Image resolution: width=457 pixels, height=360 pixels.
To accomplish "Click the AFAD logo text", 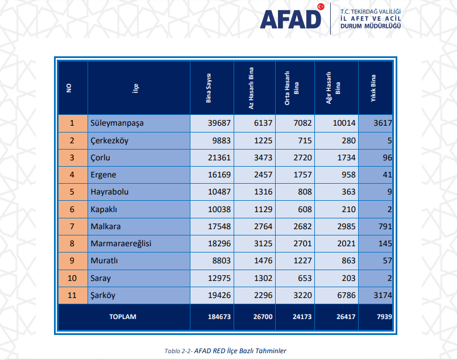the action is point(290,20).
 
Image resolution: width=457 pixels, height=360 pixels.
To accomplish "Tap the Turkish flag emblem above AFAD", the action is point(321,7).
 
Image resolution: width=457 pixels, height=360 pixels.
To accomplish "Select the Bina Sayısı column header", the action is point(209,88).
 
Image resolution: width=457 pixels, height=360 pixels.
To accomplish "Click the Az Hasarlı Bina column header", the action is point(251,88).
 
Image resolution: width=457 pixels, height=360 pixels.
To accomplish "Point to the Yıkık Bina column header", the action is point(373,88).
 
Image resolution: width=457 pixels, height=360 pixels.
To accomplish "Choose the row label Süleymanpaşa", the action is point(117,123).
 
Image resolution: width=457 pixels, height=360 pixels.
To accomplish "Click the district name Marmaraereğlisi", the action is point(121,243).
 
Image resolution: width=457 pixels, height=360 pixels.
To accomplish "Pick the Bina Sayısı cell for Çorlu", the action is point(219,158).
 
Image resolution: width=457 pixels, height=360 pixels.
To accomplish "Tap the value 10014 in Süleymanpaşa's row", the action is point(344,123).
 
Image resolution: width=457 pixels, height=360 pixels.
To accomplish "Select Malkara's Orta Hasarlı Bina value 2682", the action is point(302,226).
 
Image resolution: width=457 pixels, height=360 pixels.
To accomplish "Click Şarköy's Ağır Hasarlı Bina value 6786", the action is point(346,295).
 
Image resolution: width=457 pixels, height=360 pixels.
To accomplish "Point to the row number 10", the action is point(72,278).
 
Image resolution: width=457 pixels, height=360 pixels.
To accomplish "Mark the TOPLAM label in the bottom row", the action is point(123,317).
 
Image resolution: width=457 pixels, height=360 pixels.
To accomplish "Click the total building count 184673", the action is point(219,317).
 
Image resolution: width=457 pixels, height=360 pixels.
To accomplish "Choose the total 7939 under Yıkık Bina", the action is point(384,317).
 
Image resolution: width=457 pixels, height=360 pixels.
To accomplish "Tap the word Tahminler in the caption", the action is point(271,351).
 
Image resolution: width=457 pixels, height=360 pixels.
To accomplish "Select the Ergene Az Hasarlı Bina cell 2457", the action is point(263,175).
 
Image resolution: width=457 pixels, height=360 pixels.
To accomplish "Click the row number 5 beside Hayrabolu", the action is point(72,192).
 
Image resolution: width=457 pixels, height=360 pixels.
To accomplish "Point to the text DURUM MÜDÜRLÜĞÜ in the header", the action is point(371,26).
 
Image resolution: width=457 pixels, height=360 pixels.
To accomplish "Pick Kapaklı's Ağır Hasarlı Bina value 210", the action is point(348,209).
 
